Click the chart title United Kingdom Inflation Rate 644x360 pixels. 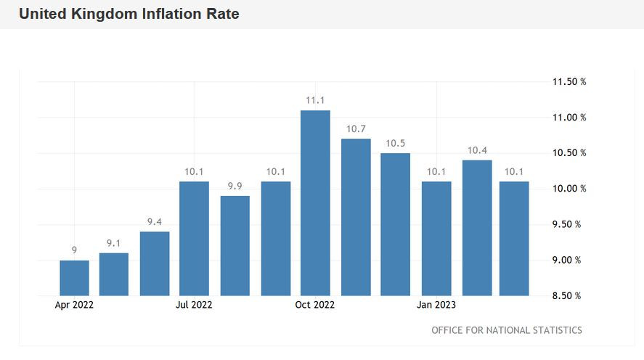coord(129,14)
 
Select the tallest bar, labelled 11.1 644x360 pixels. coord(315,203)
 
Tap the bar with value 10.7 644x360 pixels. coord(356,218)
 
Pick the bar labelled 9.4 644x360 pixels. coord(155,263)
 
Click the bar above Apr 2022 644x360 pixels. coord(74,278)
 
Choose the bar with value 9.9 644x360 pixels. coord(235,246)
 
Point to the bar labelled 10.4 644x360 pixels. coord(477,228)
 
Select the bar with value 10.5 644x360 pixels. coord(396,224)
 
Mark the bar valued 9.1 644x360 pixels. coord(114,274)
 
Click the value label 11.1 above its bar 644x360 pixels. coord(315,100)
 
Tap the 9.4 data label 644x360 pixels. coord(155,221)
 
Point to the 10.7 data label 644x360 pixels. coord(356,128)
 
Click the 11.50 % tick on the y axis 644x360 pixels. coord(569,82)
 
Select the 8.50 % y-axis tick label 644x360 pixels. coord(569,296)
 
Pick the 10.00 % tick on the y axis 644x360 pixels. coord(569,189)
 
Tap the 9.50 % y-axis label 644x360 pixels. coord(569,224)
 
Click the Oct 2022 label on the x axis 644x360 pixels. coord(315,306)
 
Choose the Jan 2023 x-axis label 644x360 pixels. coord(436,306)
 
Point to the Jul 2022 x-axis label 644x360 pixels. coord(194,306)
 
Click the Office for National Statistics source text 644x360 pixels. coord(506,330)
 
